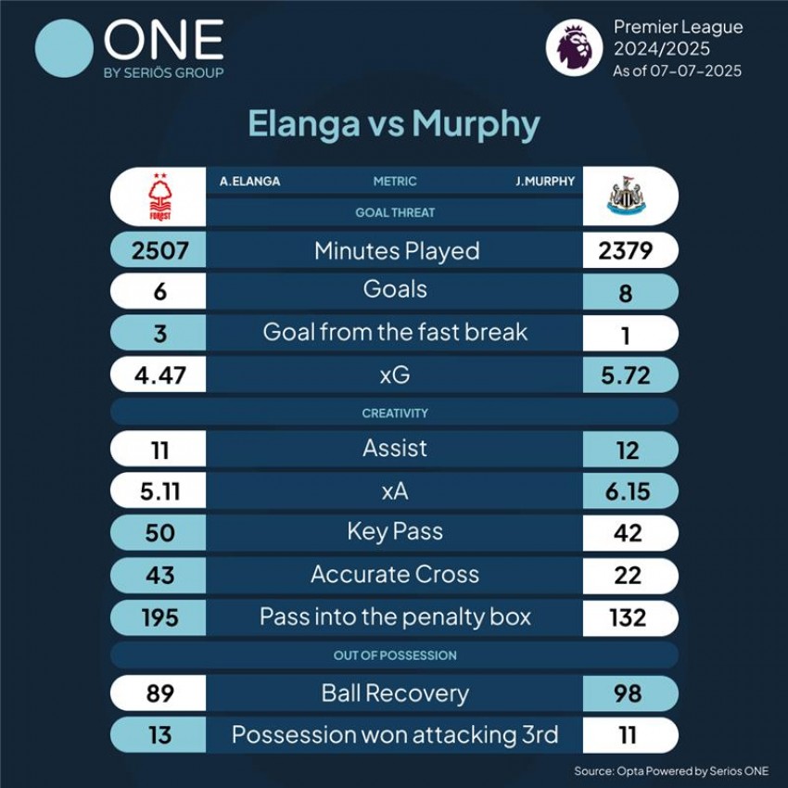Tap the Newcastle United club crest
tap(627, 197)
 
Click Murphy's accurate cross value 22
tap(628, 575)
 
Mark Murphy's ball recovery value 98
tap(628, 693)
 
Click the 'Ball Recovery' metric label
tap(395, 693)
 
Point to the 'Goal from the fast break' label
tap(395, 332)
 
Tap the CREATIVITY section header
tap(395, 413)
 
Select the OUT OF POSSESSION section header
tap(395, 655)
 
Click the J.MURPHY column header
tap(545, 182)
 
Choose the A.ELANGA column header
tap(249, 182)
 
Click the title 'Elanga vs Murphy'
tap(394, 124)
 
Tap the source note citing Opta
tap(671, 770)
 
